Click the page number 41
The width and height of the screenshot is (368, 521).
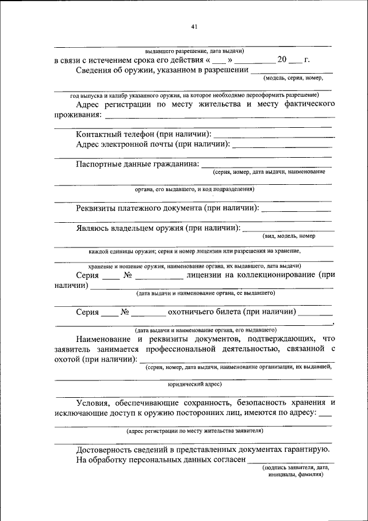click(x=194, y=26)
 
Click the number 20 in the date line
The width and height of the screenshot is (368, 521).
click(x=282, y=59)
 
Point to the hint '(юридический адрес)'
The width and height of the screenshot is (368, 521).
click(x=194, y=383)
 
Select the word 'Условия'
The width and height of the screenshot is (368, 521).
click(x=94, y=403)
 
